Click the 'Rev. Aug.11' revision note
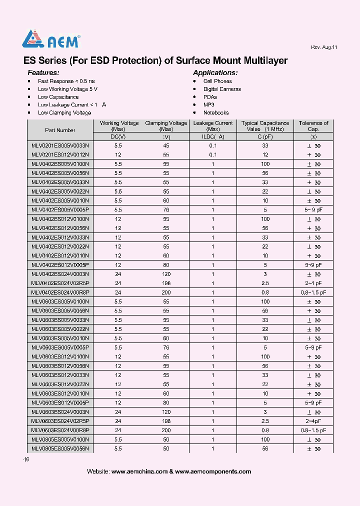tap(324, 47)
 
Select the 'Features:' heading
tap(43, 72)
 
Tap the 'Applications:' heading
tap(215, 72)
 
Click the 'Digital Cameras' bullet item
tap(222, 89)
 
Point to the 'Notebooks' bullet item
tap(216, 113)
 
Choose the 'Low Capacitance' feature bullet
tap(58, 97)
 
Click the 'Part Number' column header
tap(60, 130)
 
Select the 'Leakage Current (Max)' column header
tap(213, 126)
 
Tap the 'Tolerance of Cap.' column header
tap(313, 126)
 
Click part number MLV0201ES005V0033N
tap(60, 145)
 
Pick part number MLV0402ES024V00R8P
tap(60, 292)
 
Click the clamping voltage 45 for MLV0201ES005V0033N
tap(166, 145)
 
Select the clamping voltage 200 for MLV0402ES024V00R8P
tap(166, 292)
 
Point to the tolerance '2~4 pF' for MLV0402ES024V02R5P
tap(313, 283)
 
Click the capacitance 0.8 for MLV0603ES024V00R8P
tap(265, 430)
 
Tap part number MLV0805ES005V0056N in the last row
tap(60, 448)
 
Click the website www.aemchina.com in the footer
tap(139, 471)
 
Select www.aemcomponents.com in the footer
tap(213, 471)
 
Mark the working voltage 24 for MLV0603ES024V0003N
tap(118, 412)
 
